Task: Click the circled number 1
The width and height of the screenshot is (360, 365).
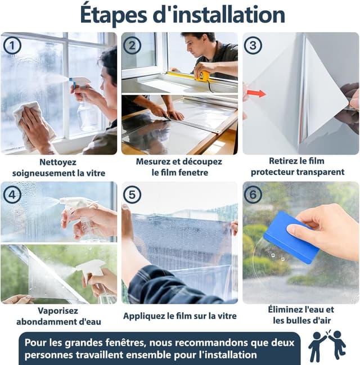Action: pyautogui.click(x=12, y=46)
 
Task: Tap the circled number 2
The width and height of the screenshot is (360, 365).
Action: pyautogui.click(x=132, y=46)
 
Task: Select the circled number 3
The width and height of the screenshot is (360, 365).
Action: pyautogui.click(x=253, y=46)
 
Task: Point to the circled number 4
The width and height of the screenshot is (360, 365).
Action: pyautogui.click(x=12, y=195)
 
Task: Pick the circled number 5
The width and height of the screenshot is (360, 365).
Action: pyautogui.click(x=132, y=195)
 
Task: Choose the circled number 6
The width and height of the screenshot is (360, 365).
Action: pyautogui.click(x=253, y=195)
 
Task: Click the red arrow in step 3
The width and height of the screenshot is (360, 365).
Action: pyautogui.click(x=256, y=93)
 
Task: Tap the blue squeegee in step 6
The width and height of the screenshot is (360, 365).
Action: pyautogui.click(x=291, y=238)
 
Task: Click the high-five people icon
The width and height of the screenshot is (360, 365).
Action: pyautogui.click(x=327, y=346)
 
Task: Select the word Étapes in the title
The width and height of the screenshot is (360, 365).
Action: pyautogui.click(x=114, y=15)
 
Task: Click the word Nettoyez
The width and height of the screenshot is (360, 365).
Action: pyautogui.click(x=58, y=162)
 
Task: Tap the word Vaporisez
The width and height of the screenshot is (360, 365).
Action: pyautogui.click(x=58, y=311)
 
